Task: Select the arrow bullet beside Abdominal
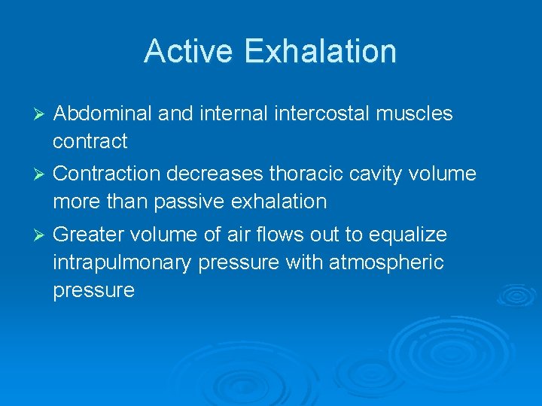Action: pyautogui.click(x=41, y=114)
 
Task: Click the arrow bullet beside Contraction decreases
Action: pyautogui.click(x=41, y=174)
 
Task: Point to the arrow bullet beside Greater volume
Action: pyautogui.click(x=41, y=235)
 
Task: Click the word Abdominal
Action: pyautogui.click(x=103, y=114)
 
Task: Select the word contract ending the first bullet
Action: pyautogui.click(x=90, y=141)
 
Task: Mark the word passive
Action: pyautogui.click(x=188, y=201)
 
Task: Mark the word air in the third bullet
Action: pyautogui.click(x=230, y=235)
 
